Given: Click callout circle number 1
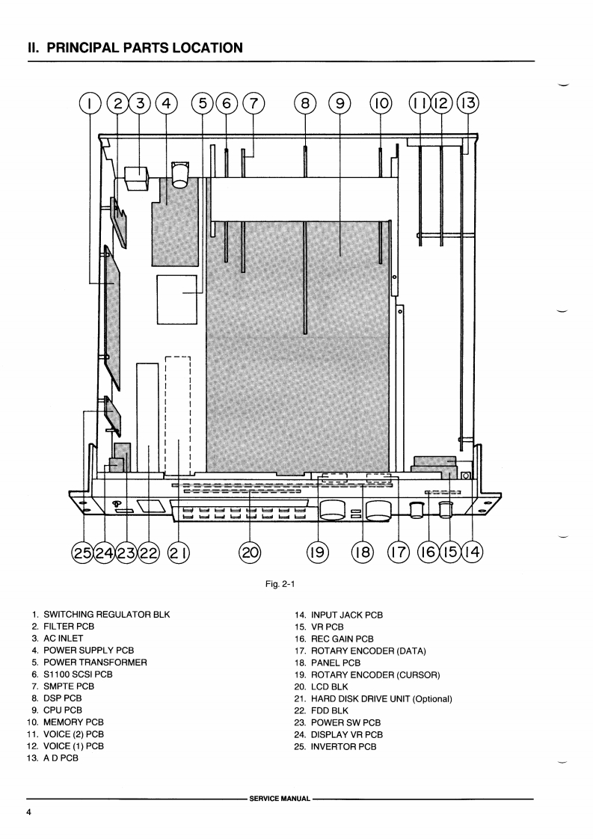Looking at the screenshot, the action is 90,103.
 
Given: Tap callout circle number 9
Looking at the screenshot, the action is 339,103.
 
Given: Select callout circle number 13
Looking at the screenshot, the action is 468,103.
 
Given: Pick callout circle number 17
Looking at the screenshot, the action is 398,553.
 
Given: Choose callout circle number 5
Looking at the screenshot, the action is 203,103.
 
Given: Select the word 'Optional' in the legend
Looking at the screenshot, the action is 432,698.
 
